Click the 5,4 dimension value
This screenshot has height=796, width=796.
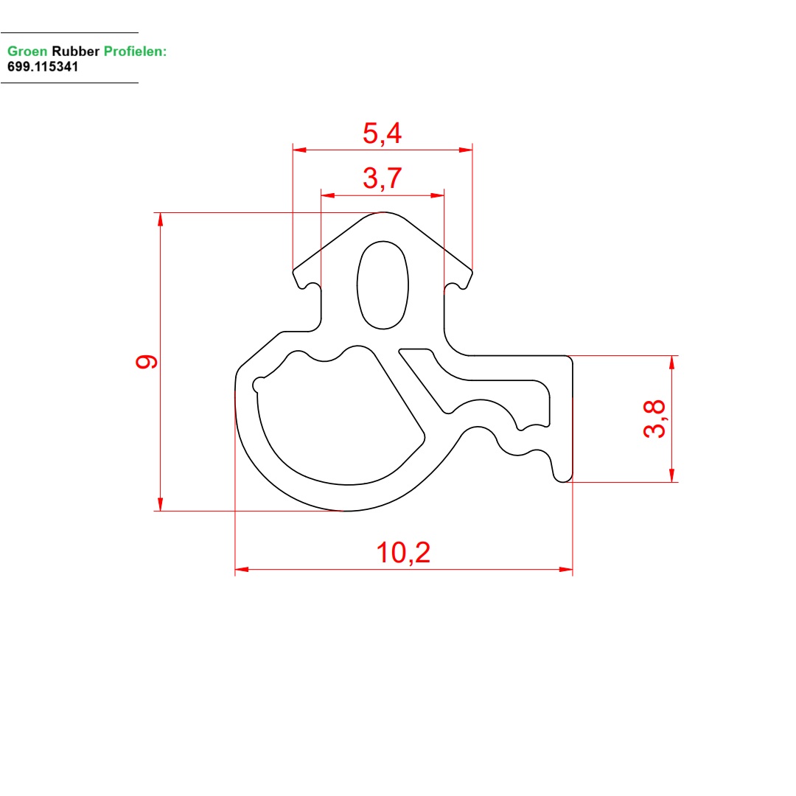tap(383, 133)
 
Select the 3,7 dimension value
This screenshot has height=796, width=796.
tap(383, 178)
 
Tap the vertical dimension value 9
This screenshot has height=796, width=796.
tap(147, 361)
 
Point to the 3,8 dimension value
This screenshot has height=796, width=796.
tap(654, 419)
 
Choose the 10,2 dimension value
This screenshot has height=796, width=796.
tap(403, 552)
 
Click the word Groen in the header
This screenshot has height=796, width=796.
tap(27, 52)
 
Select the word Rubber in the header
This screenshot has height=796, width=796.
tap(76, 52)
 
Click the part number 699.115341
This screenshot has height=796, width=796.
tap(43, 66)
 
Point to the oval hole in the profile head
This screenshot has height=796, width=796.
tap(383, 284)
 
